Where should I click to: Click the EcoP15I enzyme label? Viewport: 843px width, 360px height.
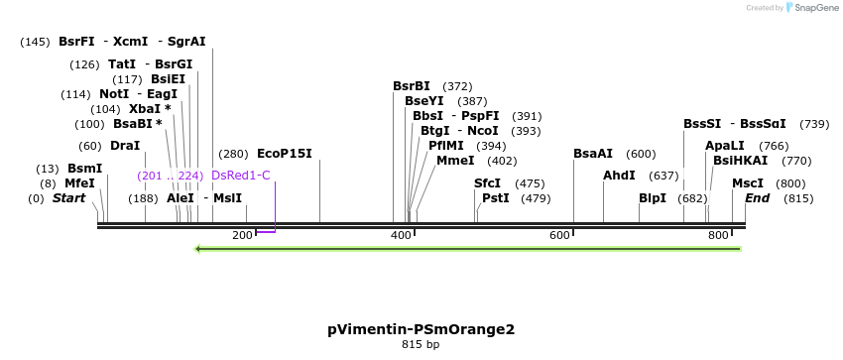[x=284, y=154]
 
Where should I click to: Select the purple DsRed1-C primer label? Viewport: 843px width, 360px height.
[x=240, y=176]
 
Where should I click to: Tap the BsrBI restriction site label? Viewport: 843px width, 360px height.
[x=412, y=86]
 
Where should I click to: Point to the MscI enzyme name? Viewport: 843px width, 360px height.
[x=747, y=183]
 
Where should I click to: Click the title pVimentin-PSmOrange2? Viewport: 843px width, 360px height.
[x=421, y=329]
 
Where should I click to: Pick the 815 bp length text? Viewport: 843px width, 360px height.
[x=421, y=345]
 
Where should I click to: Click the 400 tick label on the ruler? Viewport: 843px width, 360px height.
[x=401, y=235]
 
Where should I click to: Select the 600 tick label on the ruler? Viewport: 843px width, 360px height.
[x=559, y=235]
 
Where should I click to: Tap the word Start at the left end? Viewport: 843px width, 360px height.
[x=68, y=198]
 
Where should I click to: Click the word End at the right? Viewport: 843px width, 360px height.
[x=757, y=198]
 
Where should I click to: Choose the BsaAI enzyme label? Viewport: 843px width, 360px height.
[x=593, y=154]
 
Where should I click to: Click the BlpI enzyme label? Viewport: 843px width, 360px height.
[x=653, y=198]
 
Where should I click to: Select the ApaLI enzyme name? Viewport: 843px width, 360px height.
[x=723, y=146]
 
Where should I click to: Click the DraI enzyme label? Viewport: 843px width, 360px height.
[x=125, y=146]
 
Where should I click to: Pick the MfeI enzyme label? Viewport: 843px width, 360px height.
[x=79, y=183]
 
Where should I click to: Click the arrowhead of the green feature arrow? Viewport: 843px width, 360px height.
[x=198, y=248]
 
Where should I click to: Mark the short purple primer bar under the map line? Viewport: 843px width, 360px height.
[x=265, y=231]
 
